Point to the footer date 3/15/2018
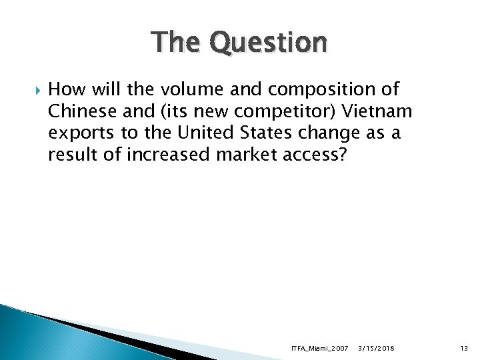point(376,348)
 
